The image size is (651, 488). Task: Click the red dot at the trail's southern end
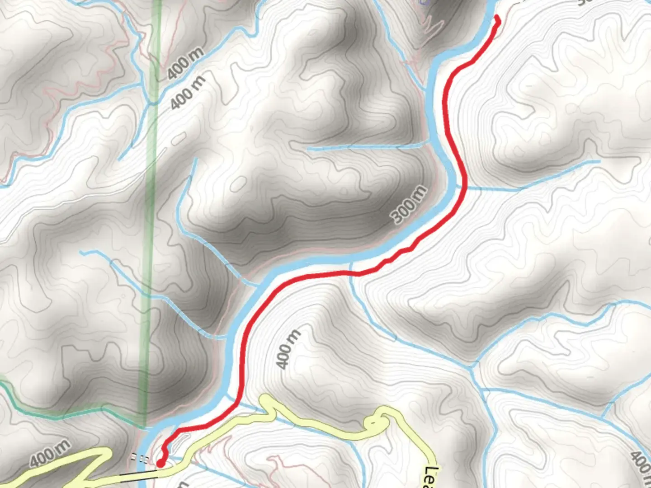(160, 463)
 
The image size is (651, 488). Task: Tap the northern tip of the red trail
(498, 18)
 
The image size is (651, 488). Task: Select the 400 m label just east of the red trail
(288, 349)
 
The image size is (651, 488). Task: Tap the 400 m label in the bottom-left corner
(50, 454)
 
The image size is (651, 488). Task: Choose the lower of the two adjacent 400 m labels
(188, 93)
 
